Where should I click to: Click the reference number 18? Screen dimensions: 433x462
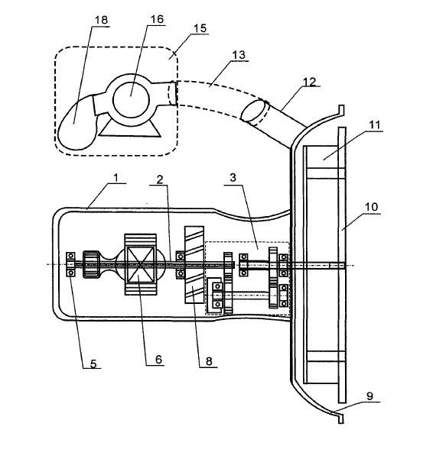tap(101, 20)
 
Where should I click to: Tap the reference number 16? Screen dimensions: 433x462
tap(157, 19)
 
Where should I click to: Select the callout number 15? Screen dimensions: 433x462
tap(200, 28)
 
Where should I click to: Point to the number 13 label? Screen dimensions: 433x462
tap(239, 55)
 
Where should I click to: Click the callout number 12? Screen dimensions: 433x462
tap(310, 82)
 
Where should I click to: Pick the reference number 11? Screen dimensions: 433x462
tap(374, 125)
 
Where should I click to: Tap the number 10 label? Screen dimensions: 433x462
tap(371, 207)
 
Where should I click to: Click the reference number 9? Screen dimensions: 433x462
tap(370, 396)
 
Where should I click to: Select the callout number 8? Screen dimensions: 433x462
tap(209, 361)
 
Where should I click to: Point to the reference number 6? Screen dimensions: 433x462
tap(159, 360)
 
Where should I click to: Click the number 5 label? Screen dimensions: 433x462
tap(93, 363)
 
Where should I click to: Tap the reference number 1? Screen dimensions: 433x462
tap(116, 178)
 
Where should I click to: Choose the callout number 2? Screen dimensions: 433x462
tap(160, 179)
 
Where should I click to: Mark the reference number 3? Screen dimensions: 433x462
tap(233, 177)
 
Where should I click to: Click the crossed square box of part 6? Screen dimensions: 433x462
tap(140, 264)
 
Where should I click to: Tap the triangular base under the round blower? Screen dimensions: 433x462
tap(129, 129)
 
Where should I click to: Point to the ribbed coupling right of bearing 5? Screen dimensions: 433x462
tap(92, 264)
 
